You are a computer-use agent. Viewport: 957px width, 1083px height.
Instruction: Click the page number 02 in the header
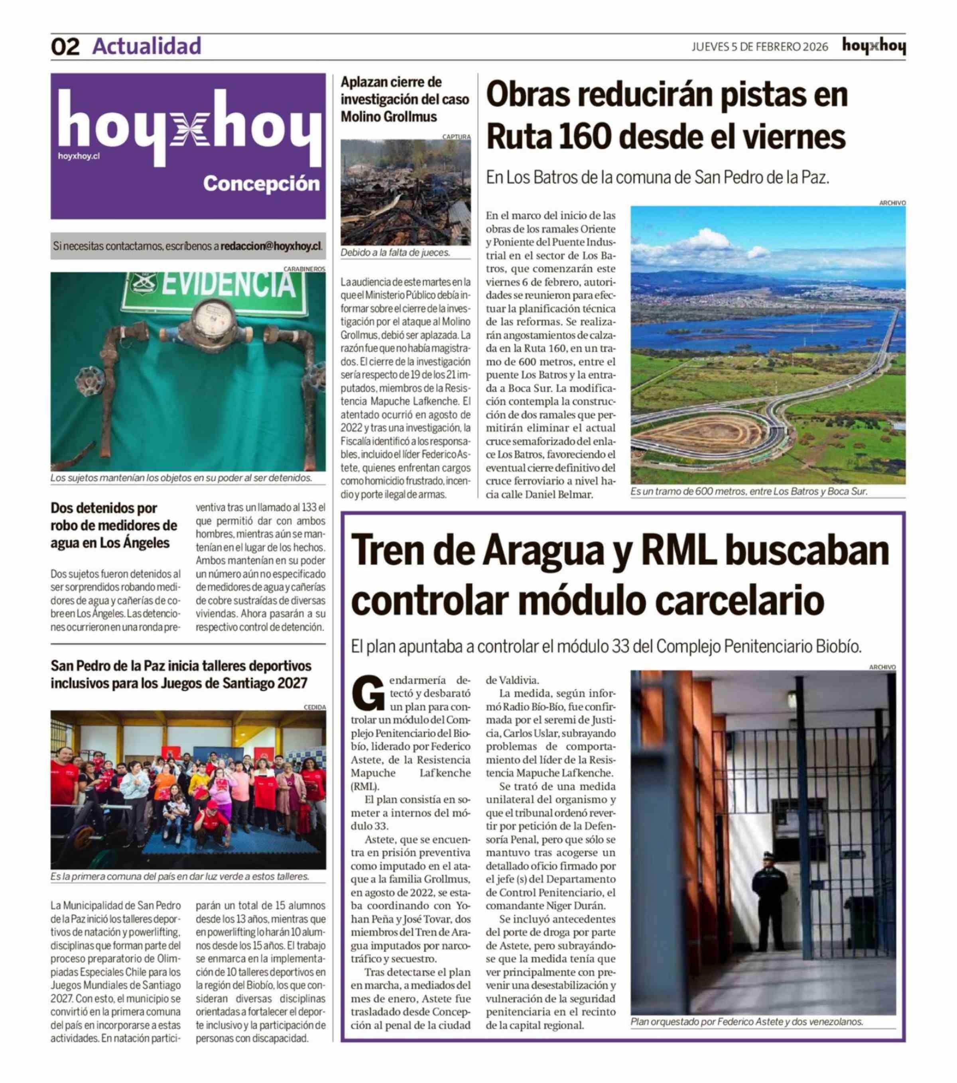pos(65,47)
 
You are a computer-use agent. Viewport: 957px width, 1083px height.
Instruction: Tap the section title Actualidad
pos(147,46)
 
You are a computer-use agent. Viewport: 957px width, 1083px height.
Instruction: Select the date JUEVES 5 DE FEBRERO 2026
pos(759,47)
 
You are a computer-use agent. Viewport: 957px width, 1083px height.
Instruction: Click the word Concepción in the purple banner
pos(261,184)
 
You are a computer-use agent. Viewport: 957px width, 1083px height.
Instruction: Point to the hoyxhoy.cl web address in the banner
pos(79,156)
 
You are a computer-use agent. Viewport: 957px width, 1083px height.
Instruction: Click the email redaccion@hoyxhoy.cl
pos(271,246)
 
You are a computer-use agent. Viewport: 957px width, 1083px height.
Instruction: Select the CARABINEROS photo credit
pos(304,269)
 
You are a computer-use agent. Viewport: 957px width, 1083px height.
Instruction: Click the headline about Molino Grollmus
pos(404,99)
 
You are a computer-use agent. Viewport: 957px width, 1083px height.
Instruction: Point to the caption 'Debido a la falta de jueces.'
pos(395,253)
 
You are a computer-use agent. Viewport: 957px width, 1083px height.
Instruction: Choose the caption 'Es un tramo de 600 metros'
pos(748,491)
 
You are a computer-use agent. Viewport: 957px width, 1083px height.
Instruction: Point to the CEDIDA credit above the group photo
pos(314,708)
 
